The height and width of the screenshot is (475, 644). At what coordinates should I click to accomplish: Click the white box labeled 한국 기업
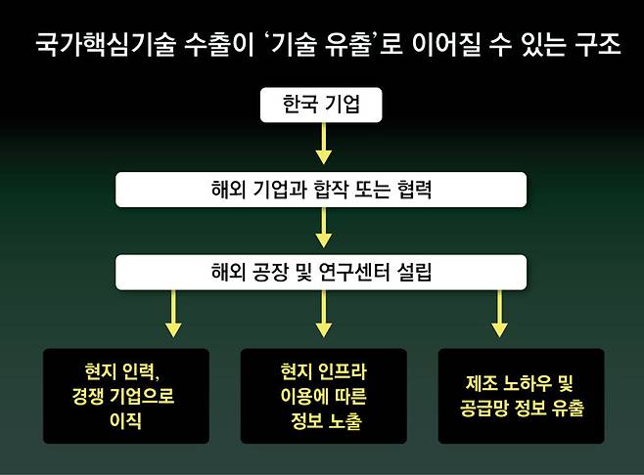(321, 105)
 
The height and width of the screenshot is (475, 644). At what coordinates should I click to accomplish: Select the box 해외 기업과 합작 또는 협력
(321, 190)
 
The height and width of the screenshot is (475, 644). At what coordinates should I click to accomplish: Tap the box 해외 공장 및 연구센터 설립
(321, 273)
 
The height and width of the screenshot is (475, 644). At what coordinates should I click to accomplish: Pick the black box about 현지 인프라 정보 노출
(323, 396)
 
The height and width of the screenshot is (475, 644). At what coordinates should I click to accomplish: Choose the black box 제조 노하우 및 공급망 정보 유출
(522, 396)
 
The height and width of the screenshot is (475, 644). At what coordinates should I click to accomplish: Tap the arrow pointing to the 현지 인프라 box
(322, 314)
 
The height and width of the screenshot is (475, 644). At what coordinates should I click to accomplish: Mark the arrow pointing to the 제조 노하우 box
(497, 314)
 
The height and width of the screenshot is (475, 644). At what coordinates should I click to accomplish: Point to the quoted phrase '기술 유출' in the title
(319, 46)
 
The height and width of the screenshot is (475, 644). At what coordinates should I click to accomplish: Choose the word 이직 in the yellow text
(127, 421)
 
